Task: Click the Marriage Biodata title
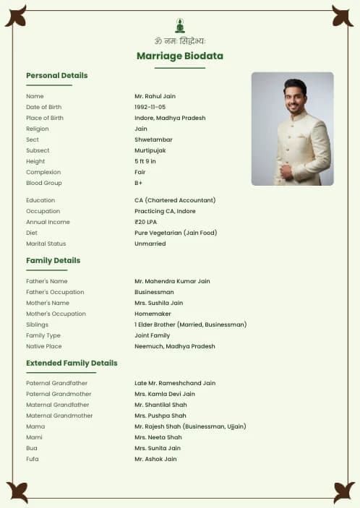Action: pos(180,56)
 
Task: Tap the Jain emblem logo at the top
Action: pos(180,25)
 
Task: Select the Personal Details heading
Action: pos(56,75)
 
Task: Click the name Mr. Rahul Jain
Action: pos(155,96)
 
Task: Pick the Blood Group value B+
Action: pos(139,183)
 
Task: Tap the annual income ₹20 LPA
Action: pos(145,222)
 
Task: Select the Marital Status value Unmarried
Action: pos(150,244)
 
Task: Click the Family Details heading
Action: pos(53,260)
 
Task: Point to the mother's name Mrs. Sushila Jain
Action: pos(158,303)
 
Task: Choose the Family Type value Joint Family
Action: pos(152,335)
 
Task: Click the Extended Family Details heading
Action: pos(72,363)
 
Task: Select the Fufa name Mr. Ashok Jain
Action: pos(155,459)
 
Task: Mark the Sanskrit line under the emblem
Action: pos(180,41)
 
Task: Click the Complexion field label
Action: pos(43,172)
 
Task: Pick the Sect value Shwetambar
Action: pos(154,139)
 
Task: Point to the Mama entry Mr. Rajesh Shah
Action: pos(190,426)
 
